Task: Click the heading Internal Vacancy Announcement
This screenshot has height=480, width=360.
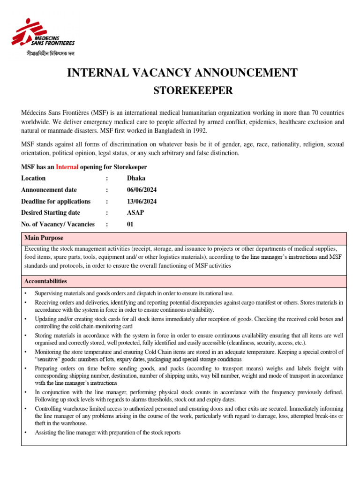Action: tap(183, 73)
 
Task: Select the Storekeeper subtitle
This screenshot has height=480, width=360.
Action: tap(193, 90)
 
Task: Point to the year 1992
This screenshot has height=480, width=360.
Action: tap(199, 130)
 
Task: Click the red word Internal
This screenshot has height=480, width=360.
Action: tap(67, 167)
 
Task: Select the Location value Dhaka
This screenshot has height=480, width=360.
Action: tap(136, 178)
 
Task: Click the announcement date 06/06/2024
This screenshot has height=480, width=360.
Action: tap(142, 190)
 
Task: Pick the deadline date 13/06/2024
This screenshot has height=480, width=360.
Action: tap(142, 201)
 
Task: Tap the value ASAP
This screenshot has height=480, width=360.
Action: tap(135, 213)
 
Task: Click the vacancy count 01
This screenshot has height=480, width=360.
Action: tap(130, 224)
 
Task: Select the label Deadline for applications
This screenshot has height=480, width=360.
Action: tap(56, 201)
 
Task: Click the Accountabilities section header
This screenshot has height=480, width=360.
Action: tap(45, 281)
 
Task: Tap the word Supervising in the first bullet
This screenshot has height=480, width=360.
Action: tap(50, 293)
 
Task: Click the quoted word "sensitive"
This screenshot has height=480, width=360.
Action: tap(49, 360)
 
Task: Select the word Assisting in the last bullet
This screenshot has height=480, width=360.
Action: tap(46, 433)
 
